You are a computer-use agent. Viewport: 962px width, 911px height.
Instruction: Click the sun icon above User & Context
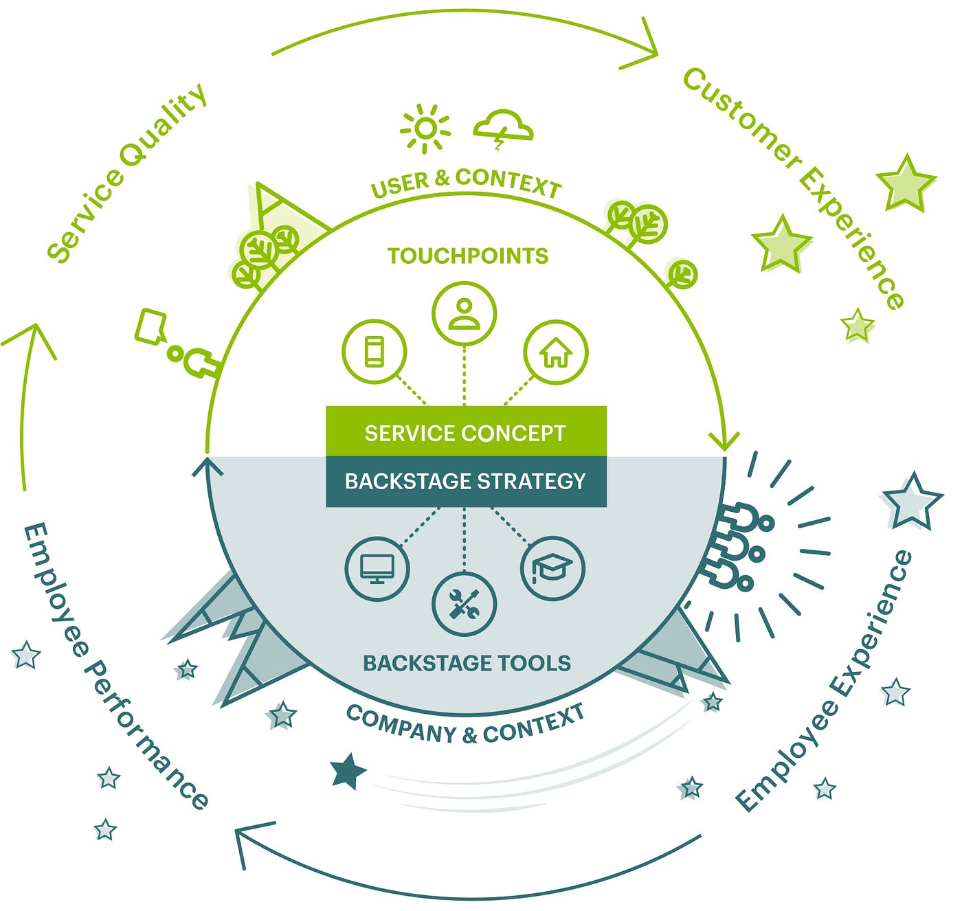(x=425, y=128)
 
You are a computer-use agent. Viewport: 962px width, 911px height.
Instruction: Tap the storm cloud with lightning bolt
(x=503, y=128)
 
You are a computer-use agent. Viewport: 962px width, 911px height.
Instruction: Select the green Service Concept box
(x=466, y=431)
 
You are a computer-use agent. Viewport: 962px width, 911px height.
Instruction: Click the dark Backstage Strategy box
(x=466, y=482)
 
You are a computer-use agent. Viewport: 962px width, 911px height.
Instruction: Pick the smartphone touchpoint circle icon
(x=374, y=351)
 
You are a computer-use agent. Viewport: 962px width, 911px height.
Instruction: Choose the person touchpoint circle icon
(x=464, y=313)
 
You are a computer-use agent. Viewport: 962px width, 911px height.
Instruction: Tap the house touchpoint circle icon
(x=555, y=352)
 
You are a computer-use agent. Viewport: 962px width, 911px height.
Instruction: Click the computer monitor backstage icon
(x=377, y=569)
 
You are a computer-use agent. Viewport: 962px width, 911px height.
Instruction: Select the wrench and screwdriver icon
(x=464, y=604)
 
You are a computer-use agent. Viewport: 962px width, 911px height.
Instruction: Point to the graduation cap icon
(x=552, y=568)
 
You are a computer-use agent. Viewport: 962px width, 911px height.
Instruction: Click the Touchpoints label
(x=468, y=256)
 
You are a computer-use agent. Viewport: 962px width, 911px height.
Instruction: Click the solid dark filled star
(x=348, y=772)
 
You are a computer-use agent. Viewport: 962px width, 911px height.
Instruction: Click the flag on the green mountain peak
(x=268, y=199)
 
